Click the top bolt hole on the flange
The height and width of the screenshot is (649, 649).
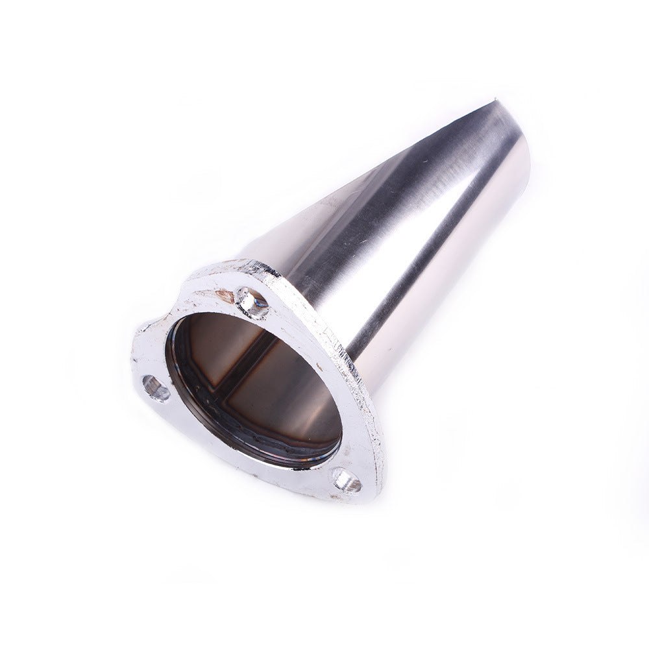[x=252, y=300]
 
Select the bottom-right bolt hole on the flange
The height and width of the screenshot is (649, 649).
[x=347, y=480]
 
